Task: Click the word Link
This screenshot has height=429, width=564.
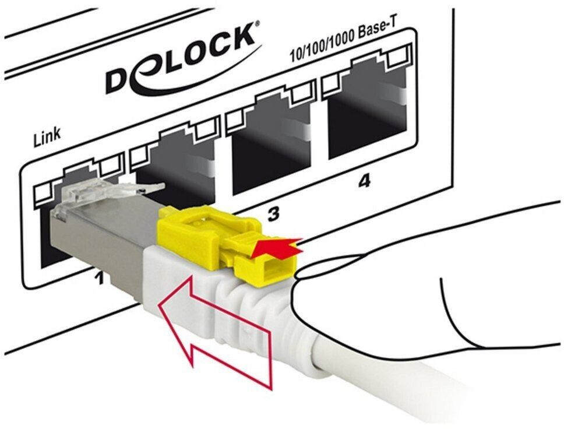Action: (47, 137)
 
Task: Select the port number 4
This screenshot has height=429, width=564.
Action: (364, 181)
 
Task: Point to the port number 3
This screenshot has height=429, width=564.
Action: (274, 213)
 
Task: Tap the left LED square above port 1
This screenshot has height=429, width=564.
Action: (43, 195)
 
